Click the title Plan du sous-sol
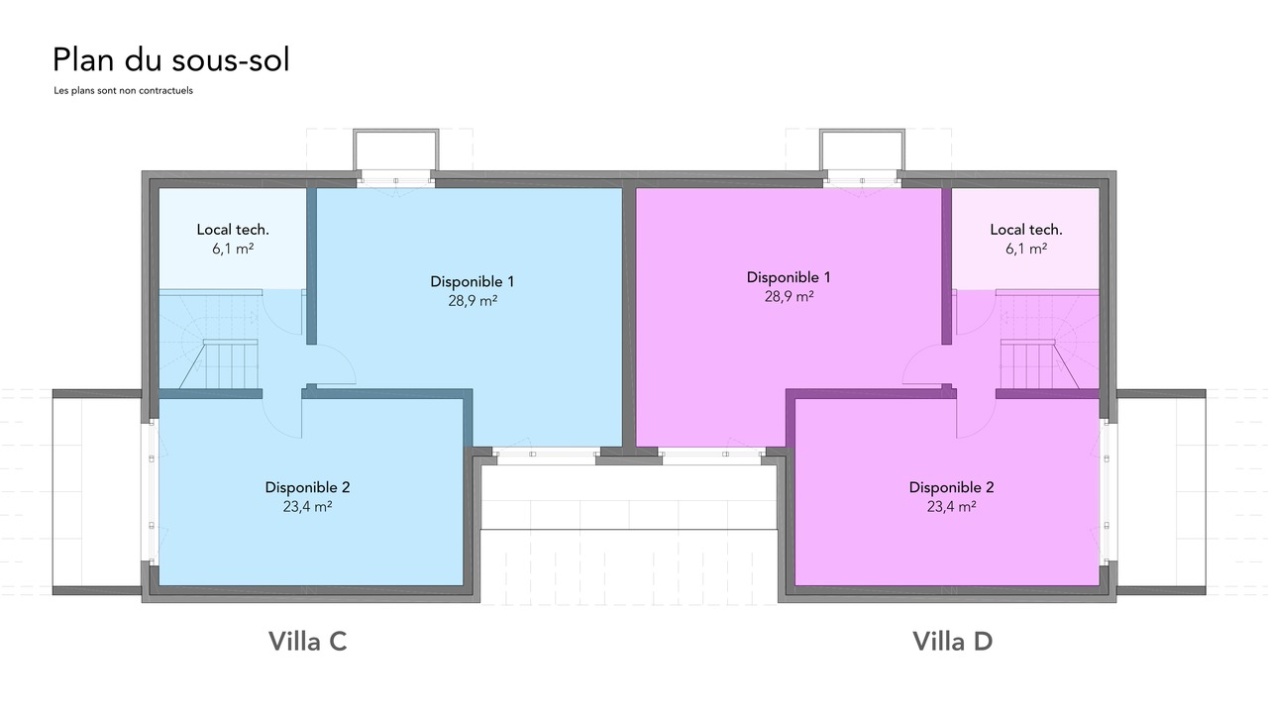point(171,60)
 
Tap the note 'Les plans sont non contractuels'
point(124,90)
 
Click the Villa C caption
point(307,641)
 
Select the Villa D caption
point(953,641)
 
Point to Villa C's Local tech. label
point(233,229)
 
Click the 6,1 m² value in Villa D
point(1025,249)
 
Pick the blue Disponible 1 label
point(473,281)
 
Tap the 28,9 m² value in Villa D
point(790,296)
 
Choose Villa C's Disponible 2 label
point(307,487)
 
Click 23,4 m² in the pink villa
point(951,506)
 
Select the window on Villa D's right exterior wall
point(1107,492)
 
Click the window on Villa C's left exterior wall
point(152,492)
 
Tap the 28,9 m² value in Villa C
point(473,300)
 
